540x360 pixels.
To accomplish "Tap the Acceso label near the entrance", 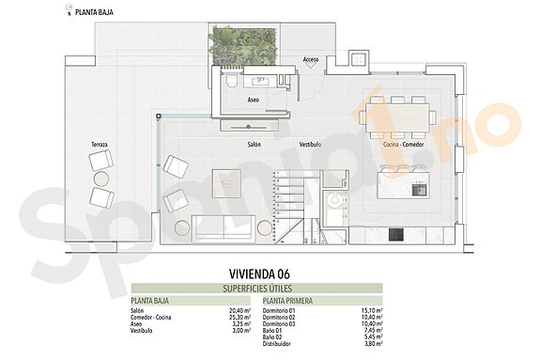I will pos(312,59).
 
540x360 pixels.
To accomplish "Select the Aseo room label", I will pos(254,100).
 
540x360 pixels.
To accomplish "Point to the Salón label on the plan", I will pos(254,145).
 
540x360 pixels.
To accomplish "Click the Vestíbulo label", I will pos(310,145).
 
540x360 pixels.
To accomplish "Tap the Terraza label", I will pos(100,144).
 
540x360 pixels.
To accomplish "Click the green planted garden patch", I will pos(242,46).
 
